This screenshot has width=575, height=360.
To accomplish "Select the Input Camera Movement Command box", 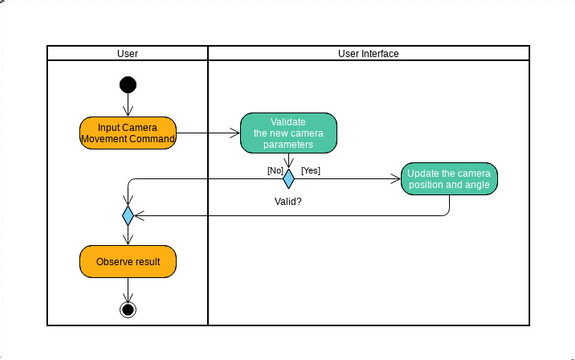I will (128, 133).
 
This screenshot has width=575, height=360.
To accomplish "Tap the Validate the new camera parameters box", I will (288, 133).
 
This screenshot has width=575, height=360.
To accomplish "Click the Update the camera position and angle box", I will (449, 178).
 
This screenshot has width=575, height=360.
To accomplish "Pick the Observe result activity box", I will (128, 262).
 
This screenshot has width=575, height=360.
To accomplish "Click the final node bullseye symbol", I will (128, 309).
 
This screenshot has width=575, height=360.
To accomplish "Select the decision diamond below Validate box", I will (288, 179).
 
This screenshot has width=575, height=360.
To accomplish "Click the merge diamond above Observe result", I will (128, 215).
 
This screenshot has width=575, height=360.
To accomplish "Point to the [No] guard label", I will (275, 170).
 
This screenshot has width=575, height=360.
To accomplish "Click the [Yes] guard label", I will (310, 170).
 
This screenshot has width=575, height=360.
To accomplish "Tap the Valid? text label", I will (288, 201).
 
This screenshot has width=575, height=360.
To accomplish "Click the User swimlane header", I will (128, 53).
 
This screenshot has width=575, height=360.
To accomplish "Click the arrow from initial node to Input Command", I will (128, 105).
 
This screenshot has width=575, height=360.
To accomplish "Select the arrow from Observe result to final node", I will (128, 288).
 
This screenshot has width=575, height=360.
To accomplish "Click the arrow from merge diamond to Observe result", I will (128, 235).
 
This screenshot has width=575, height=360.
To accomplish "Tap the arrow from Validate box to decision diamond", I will (288, 161).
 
